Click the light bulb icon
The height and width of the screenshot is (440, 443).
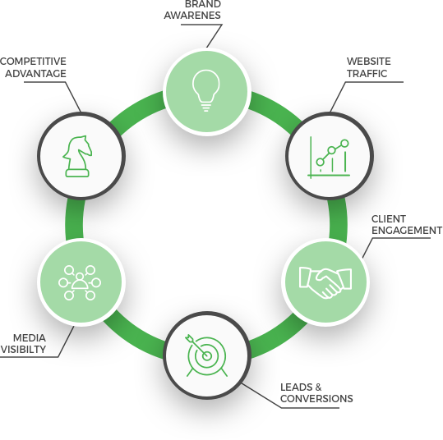206,90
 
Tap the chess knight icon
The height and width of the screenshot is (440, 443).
77,156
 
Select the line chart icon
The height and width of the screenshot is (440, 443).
329,158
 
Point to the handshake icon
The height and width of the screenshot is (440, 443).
325,282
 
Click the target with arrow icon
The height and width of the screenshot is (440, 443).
206,355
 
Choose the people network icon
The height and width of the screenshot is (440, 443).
80,282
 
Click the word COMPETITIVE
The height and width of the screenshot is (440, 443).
33,62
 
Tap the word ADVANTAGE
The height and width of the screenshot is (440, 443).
35,73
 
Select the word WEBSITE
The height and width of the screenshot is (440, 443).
369,62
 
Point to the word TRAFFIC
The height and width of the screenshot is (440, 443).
367,73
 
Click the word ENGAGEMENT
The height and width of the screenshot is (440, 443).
407,231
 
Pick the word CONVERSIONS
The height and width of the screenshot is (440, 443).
316,398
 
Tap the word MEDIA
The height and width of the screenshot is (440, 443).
30,337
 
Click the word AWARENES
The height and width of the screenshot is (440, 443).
192,16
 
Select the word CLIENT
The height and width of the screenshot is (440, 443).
389,218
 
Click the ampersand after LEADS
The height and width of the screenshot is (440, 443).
318,387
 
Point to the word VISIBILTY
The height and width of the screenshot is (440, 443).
23,350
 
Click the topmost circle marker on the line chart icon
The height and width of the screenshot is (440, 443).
344,144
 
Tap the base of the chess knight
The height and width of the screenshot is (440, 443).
77,173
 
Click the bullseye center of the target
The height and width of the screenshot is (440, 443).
207,356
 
